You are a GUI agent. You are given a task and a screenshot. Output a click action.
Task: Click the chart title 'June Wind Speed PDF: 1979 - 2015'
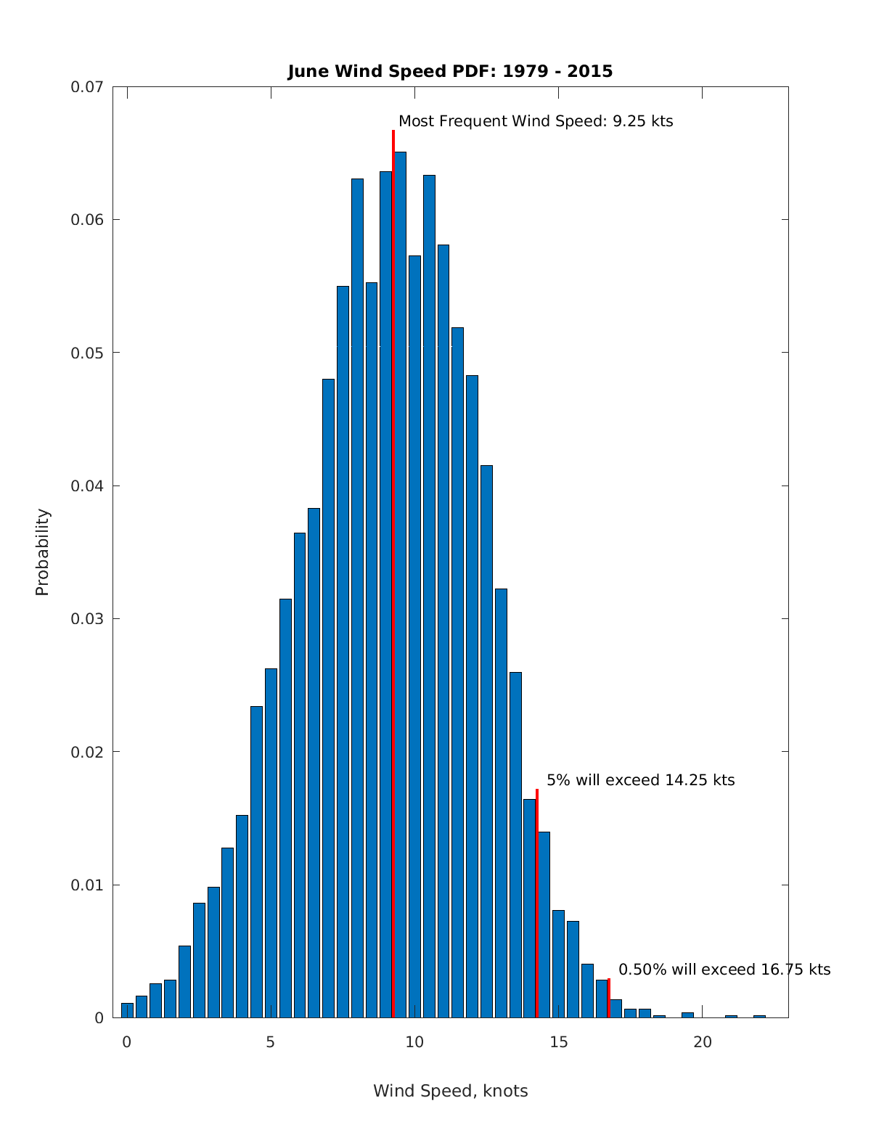coord(450,71)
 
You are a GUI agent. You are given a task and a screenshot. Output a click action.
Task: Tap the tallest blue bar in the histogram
coord(400,581)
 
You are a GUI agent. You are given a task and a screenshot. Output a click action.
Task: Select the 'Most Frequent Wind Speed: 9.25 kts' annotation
coord(536,121)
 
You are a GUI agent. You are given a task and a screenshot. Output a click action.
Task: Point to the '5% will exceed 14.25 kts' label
coord(640,780)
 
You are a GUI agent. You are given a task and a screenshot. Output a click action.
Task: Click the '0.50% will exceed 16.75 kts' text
coord(724,970)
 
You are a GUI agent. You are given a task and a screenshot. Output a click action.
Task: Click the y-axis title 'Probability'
coord(43,552)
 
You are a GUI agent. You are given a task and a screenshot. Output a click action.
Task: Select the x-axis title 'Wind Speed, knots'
coord(450,1091)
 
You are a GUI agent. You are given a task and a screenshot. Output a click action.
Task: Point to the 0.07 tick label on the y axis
coord(87,87)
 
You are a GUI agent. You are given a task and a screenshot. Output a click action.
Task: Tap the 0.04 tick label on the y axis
coord(87,486)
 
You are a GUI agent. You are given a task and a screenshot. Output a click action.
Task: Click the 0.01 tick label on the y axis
coord(87,885)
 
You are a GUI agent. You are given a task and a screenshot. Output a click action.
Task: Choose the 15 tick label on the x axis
coord(558,1042)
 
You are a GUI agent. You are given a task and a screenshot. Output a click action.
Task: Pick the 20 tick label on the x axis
coord(702,1042)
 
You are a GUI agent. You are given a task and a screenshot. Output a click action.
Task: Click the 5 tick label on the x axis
coord(271,1042)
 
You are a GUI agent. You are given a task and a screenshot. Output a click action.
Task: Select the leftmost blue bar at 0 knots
coord(127,1011)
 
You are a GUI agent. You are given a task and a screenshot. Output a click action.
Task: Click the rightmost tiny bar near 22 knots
coord(759,1016)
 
